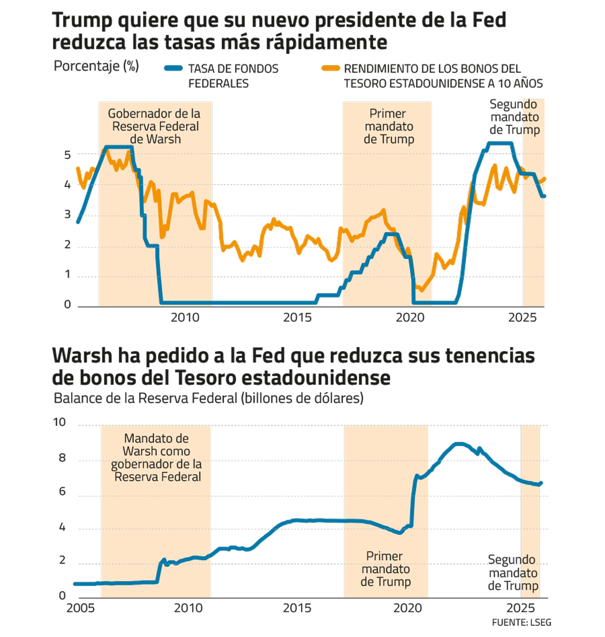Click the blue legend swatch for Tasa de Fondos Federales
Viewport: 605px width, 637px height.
coord(173,69)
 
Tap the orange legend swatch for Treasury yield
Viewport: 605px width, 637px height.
coord(331,69)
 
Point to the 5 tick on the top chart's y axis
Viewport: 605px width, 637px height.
coord(68,154)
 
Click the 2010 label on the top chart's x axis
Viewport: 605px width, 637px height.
coord(185,318)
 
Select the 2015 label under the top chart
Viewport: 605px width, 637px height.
coord(297,318)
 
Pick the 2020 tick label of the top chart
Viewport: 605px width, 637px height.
coord(410,318)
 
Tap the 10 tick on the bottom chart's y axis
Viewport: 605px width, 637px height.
coord(60,422)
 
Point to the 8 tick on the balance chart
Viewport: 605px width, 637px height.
coord(63,458)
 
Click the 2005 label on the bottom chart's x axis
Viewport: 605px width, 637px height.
coord(80,608)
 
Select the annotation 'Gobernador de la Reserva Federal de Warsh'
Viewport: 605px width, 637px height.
coord(155,126)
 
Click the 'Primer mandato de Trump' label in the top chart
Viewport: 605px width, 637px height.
coord(389,126)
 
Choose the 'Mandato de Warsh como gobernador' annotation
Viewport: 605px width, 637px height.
coord(156,457)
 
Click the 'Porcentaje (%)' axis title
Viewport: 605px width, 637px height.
coord(96,66)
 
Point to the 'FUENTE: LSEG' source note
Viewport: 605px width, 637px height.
coord(521,622)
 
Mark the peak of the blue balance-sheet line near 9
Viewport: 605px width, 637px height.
coord(458,444)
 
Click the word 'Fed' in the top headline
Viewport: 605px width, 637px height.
coord(489,21)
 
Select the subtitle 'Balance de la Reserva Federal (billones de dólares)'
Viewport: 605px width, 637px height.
coord(208,398)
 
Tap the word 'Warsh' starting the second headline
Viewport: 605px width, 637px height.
coord(82,356)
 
